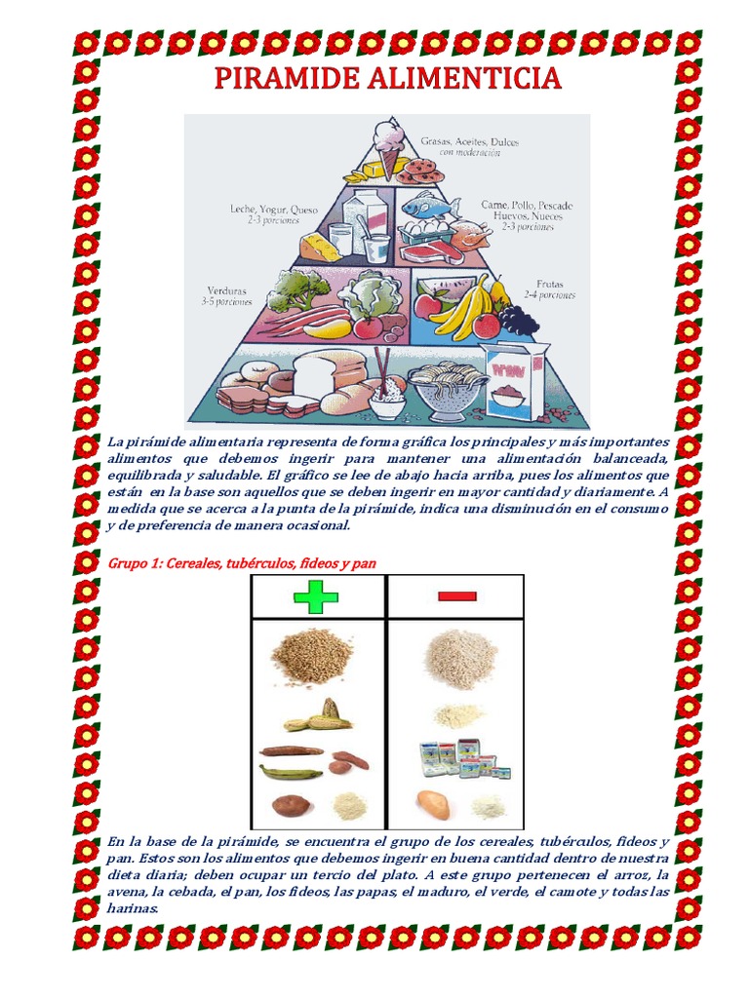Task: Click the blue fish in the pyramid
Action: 429,206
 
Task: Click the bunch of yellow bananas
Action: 466,304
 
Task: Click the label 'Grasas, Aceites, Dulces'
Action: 469,142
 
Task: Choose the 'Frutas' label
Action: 549,285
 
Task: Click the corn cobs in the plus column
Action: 318,716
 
